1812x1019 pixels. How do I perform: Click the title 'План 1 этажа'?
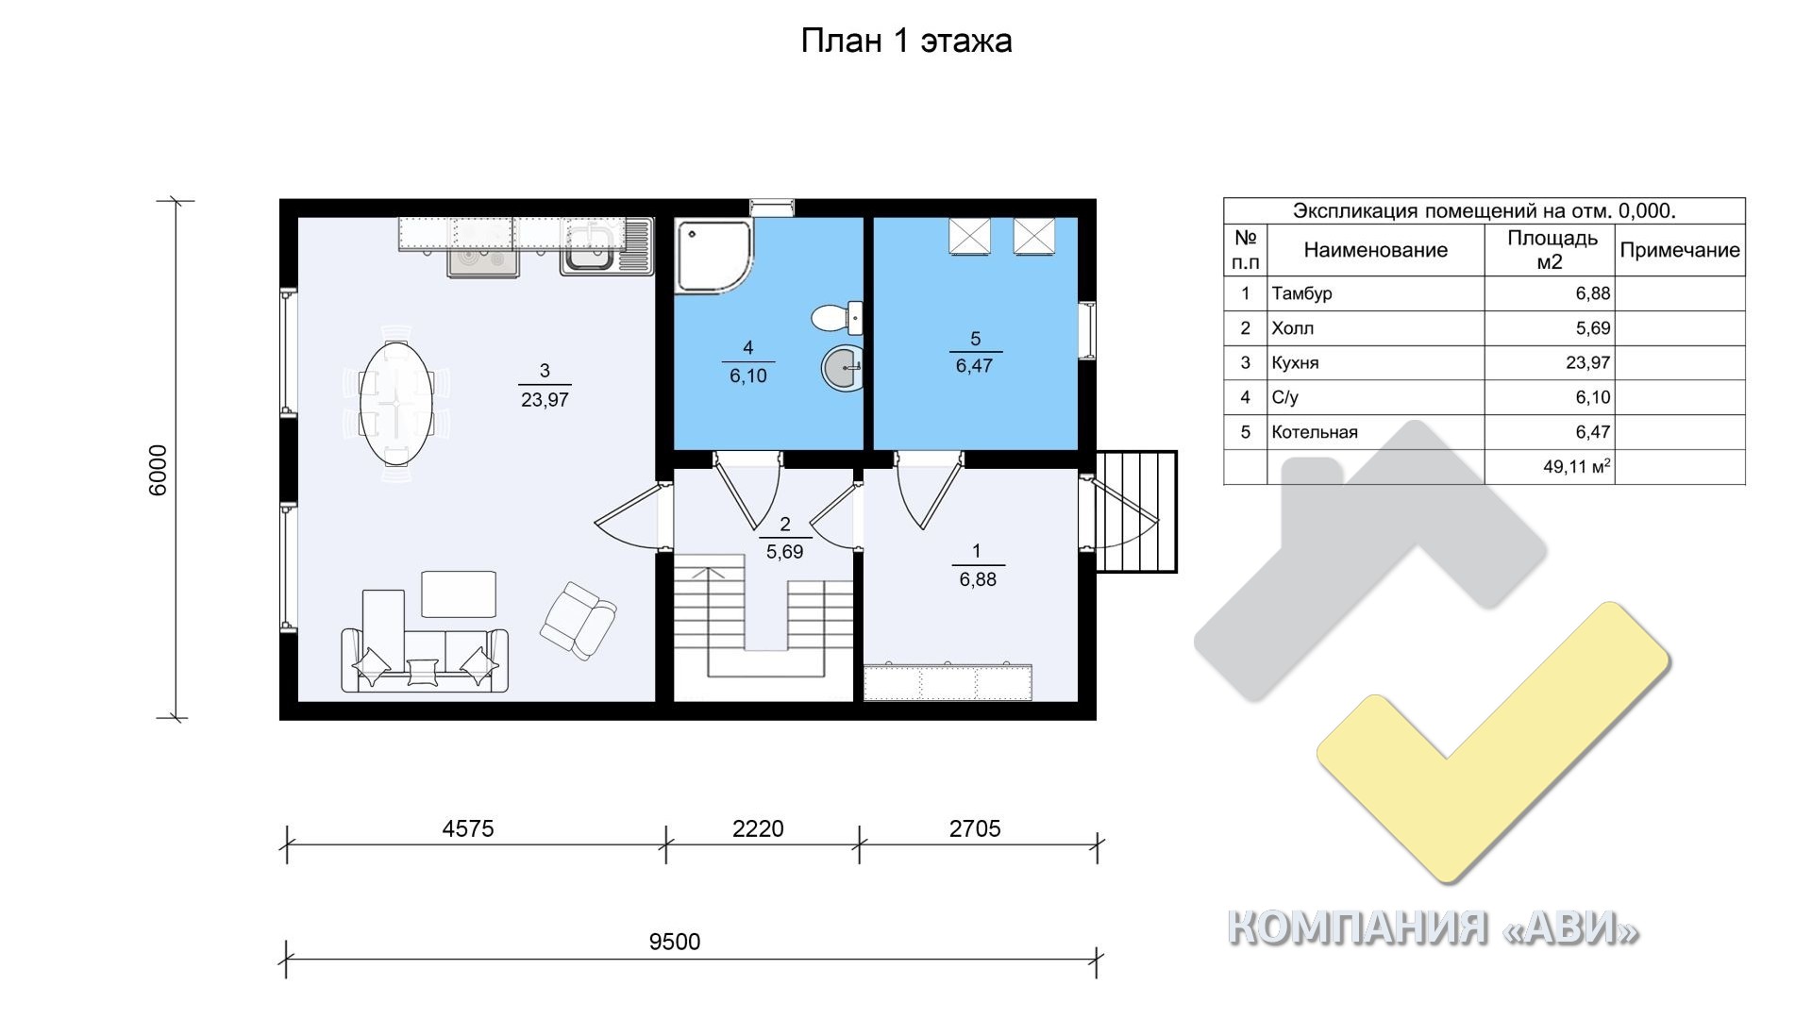[906, 41]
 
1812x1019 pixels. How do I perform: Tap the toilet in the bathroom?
[836, 317]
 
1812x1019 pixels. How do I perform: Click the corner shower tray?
[714, 255]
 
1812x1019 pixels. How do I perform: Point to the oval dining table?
[397, 402]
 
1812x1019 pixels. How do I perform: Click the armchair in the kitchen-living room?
[578, 619]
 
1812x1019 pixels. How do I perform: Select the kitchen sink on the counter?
[606, 247]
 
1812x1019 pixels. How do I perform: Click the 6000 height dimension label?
[159, 470]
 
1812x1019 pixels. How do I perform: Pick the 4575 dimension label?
[468, 828]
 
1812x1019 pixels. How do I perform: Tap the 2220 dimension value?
[758, 828]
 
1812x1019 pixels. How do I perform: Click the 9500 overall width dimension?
[675, 942]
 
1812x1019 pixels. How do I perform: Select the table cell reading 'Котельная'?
[1315, 432]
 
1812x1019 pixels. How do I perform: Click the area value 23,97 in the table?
[1593, 362]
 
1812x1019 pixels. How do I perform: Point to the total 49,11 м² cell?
[1577, 466]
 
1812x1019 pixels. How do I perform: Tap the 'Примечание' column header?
[1680, 250]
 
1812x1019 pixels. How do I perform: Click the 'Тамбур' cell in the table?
[1301, 293]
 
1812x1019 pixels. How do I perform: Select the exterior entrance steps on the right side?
[1136, 511]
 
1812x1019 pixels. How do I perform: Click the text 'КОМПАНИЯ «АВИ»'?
[1433, 928]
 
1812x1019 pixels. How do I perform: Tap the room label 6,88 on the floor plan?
[978, 579]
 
